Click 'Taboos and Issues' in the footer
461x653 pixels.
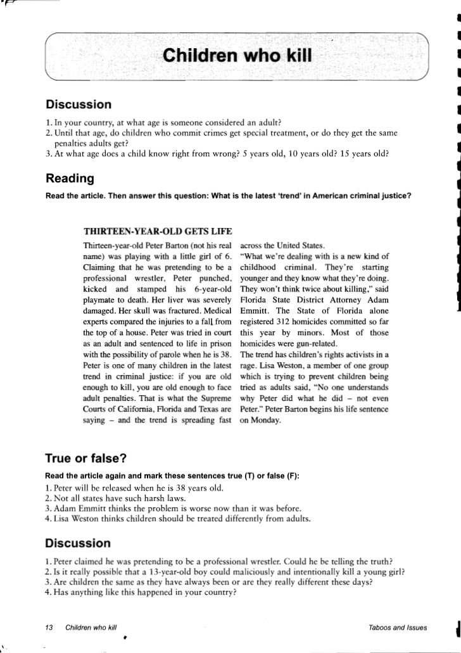coord(393,627)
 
